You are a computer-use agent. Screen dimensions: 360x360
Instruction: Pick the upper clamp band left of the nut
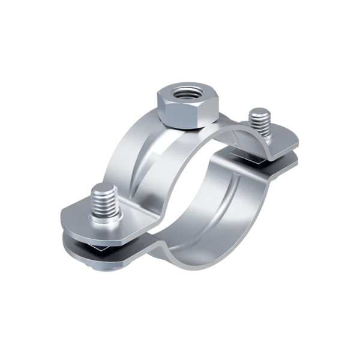[129, 156]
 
